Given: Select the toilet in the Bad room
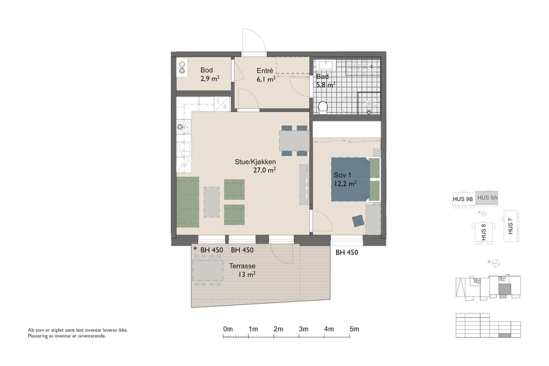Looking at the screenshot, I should pos(323,107).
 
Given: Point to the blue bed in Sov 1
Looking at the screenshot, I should pos(350,179).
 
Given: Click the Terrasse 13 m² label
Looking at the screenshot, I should pos(242,270).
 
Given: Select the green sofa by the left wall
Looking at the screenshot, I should pos(188,202).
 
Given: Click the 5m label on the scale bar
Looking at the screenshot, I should pos(354,329).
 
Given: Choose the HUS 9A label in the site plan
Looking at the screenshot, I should pos(487,198).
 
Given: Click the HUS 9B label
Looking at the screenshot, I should pos(463,198).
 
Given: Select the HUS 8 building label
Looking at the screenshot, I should pos(484,232).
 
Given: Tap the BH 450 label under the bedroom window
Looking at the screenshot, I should pos(348,252).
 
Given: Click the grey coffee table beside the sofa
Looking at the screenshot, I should pos(211,202).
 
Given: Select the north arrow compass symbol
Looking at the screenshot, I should pos(495,263).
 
